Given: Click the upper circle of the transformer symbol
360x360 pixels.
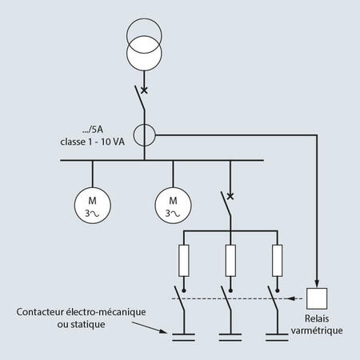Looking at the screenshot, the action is (144, 19).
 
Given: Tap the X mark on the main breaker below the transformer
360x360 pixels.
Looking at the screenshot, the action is (144, 90).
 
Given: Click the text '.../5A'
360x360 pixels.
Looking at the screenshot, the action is (92, 130).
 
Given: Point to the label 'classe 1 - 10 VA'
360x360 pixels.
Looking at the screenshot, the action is (92, 142).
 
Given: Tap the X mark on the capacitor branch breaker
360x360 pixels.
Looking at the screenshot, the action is (230, 196).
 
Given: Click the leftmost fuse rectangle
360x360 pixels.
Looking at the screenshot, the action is (184, 261).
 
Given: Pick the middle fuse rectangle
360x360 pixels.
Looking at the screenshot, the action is (230, 261).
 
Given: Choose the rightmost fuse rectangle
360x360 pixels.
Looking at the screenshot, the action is (277, 261).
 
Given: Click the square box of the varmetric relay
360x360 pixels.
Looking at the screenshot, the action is (317, 298).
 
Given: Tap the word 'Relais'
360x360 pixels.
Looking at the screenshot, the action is (317, 318).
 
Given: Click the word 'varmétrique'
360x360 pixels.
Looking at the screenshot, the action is (317, 330).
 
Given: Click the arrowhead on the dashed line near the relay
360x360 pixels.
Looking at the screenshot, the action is (292, 298).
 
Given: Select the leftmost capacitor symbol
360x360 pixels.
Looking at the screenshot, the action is (183, 337).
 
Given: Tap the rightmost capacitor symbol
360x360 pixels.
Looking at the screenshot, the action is (277, 337).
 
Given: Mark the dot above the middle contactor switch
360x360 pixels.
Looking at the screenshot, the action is (230, 290).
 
